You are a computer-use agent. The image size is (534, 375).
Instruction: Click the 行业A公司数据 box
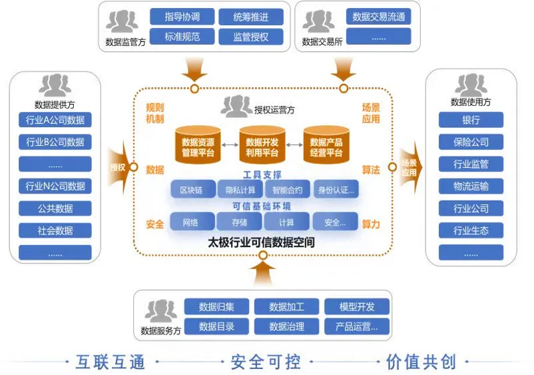(55, 120)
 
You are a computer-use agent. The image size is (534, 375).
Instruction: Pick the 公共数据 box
(55, 208)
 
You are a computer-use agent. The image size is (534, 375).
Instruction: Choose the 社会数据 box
(55, 230)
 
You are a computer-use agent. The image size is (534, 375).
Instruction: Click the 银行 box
(471, 121)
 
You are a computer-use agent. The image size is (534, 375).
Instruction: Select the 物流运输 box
(471, 187)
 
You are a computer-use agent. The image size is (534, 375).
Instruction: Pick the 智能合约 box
(287, 190)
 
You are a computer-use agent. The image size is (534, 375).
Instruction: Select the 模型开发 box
(357, 306)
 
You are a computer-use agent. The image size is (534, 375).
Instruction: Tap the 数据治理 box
(286, 327)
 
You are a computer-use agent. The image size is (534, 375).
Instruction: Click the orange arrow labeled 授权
(119, 167)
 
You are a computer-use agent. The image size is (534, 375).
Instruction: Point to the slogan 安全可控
(266, 362)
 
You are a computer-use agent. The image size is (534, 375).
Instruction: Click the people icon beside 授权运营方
(235, 107)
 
